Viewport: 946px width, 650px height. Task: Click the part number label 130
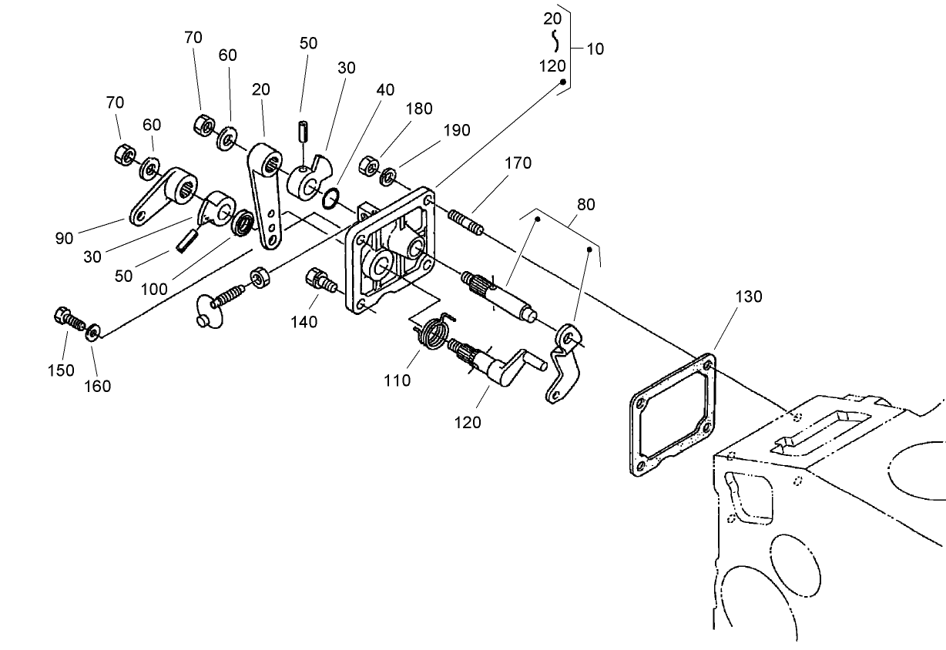coord(748,297)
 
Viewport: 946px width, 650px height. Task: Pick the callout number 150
coord(61,370)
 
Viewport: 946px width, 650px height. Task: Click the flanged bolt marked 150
coord(65,318)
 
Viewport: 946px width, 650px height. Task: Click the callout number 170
coord(518,164)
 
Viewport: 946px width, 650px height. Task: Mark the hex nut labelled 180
coord(369,166)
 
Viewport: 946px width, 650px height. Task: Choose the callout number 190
coord(456,130)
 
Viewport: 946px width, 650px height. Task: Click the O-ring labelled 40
coord(330,199)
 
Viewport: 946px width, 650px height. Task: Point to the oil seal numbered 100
coord(244,222)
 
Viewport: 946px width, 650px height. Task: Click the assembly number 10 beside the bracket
coord(595,49)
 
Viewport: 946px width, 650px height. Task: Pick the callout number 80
coord(586,206)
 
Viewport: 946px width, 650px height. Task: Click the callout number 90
coord(64,239)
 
